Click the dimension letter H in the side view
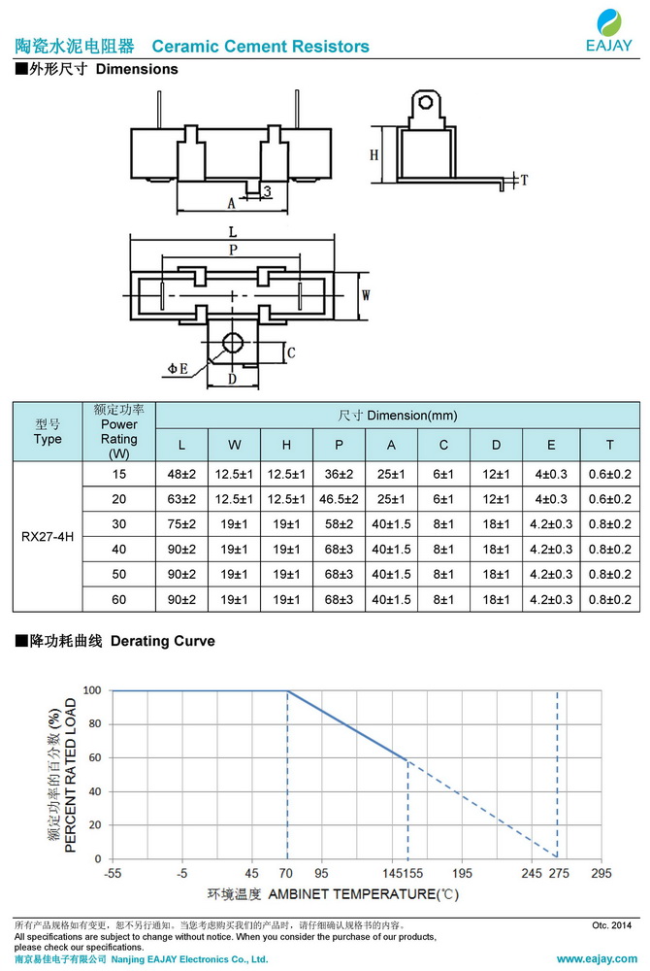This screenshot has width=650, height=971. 374,155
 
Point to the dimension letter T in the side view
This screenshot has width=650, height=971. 524,181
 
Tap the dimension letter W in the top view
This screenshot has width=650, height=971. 366,294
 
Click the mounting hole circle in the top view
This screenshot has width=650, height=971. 232,342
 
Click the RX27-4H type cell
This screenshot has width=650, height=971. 48,536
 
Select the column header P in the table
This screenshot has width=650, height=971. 339,445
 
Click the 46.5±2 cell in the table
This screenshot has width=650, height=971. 339,498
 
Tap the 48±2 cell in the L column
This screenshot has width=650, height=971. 181,473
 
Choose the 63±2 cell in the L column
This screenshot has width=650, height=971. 181,498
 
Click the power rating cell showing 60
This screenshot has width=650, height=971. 119,599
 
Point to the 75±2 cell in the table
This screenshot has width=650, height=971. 181,523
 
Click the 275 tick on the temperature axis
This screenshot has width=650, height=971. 558,874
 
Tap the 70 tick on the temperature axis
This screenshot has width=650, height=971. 287,874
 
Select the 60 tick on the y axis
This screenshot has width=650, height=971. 94,757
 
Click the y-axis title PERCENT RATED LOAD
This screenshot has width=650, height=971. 71,774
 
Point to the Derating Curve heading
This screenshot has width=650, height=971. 163,641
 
